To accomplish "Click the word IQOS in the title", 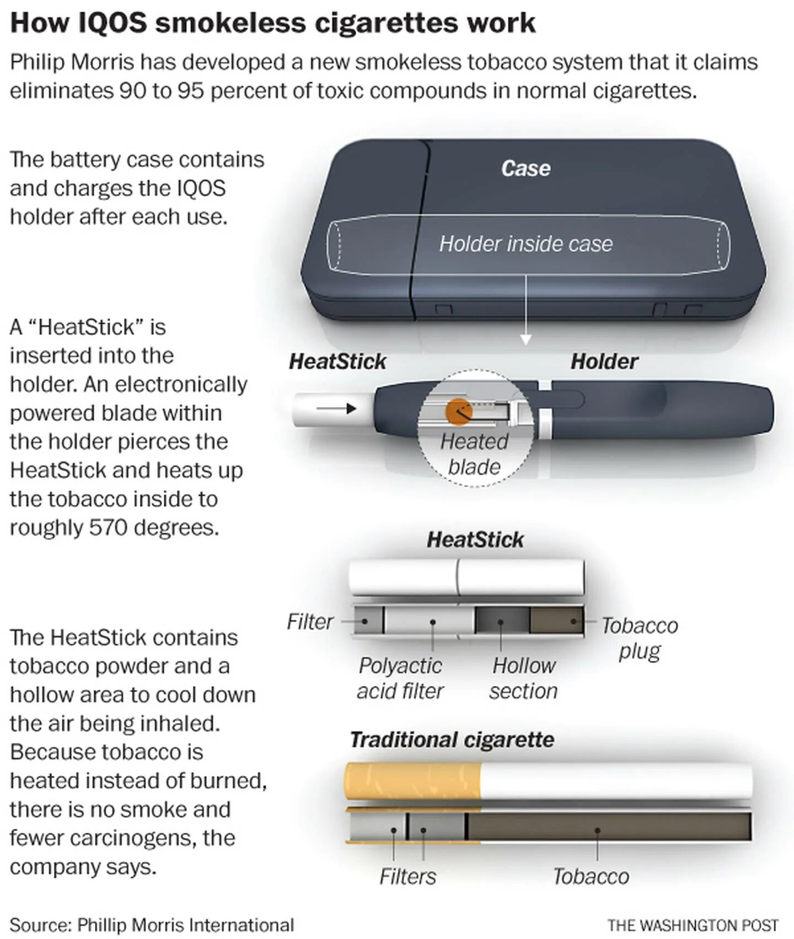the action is click(112, 23).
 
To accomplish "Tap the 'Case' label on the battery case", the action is click(525, 169).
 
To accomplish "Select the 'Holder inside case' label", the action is click(525, 244).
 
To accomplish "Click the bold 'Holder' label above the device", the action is click(604, 361).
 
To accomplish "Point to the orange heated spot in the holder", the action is click(458, 411).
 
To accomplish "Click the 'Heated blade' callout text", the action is click(474, 454).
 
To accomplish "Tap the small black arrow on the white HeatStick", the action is click(336, 409).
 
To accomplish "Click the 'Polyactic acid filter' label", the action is click(400, 678).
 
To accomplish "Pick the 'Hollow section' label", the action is click(523, 678).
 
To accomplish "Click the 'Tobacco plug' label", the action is click(640, 638).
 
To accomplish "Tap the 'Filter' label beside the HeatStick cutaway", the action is click(309, 622).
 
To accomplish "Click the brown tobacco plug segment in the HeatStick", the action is click(556, 621).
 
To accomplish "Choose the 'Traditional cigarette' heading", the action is click(452, 740).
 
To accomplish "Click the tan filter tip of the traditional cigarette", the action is click(412, 781).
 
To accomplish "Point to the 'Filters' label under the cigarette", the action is click(407, 876).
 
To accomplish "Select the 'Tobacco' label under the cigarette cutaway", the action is click(591, 876).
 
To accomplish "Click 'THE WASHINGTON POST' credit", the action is click(693, 925).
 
